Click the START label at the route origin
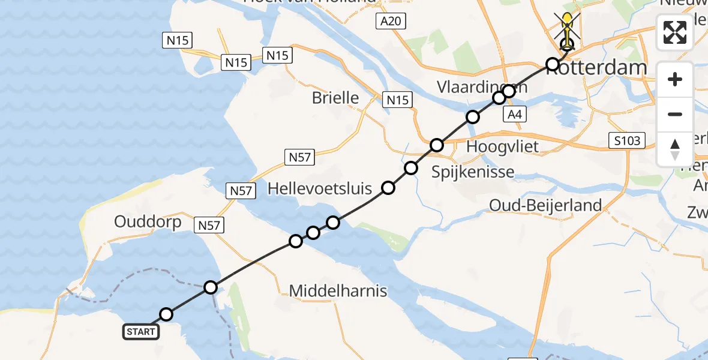coord(141,331)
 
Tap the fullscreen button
coord(675,32)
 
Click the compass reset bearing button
coord(675,149)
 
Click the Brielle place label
coord(335,98)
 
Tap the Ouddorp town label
coord(148,222)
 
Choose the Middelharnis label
coord(338,292)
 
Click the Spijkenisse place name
coord(473,172)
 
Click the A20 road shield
coord(392,22)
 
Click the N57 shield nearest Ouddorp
coord(210,226)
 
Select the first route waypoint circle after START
coord(166,314)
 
